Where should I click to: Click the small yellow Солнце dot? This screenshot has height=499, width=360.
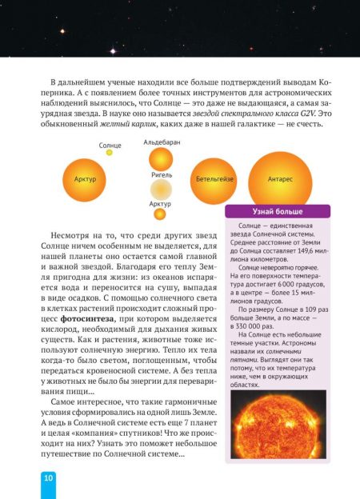point(110,152)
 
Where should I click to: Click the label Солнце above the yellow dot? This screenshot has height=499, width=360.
point(110,145)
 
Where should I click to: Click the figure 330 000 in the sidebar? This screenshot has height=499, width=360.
point(250,339)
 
